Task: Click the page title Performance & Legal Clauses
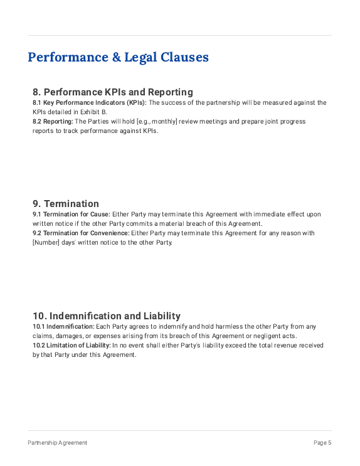pos(118,58)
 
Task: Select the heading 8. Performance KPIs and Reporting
pos(113,92)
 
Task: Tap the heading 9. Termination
pos(66,204)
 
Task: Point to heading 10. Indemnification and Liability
pos(107,315)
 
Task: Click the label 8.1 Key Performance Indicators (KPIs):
pos(89,102)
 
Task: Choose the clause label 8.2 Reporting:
pos(53,121)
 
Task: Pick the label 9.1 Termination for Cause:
pos(71,214)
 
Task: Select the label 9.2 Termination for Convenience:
pos(81,233)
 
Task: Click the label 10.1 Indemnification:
pos(63,326)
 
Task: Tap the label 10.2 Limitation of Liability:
pos(71,345)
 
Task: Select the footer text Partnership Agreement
pos(57,443)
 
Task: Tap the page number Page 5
pos(322,443)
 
